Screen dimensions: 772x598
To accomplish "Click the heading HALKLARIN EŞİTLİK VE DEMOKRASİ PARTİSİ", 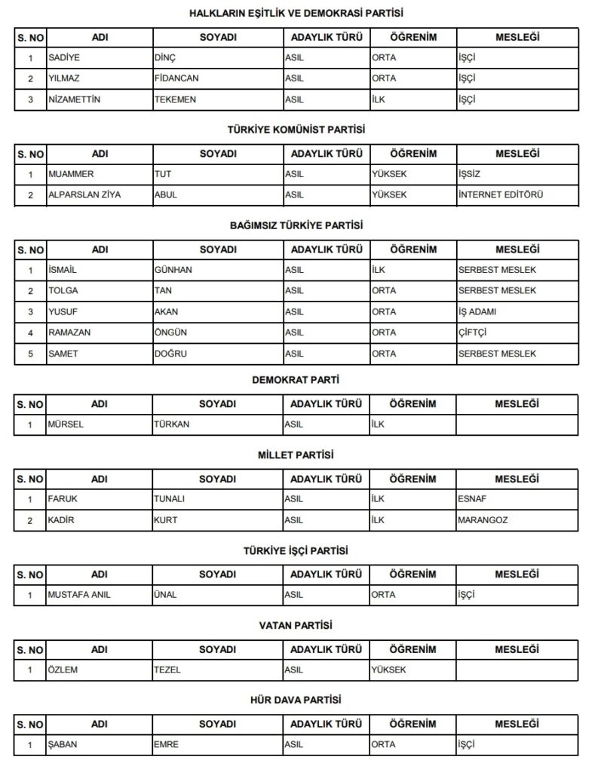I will coord(296,13).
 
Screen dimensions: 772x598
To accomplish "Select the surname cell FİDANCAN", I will coord(176,78).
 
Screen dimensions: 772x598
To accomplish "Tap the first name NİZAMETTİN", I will coord(74,100).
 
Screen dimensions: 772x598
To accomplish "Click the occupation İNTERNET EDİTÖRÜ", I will coord(501,195).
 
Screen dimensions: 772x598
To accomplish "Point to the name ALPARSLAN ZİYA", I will coord(84,195).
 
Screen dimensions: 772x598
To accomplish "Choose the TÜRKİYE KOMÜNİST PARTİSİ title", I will coord(296,130).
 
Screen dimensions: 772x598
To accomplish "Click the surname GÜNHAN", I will coord(173,270).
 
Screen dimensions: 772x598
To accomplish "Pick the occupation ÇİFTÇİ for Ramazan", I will coord(474,332).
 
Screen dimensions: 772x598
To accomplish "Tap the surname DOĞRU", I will coord(170,354).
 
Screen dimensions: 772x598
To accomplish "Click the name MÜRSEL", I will coord(65,424).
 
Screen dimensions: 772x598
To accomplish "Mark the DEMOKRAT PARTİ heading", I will coord(296,381).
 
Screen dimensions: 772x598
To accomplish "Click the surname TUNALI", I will coord(170,499).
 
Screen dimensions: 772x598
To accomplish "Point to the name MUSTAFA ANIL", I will coord(79,595).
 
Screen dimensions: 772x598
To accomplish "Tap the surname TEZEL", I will coord(167,669).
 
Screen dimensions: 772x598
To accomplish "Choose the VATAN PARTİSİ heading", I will coord(296,626).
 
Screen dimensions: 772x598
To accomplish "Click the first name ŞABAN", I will coord(63,744).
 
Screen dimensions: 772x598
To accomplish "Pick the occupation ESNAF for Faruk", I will coord(471,499).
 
